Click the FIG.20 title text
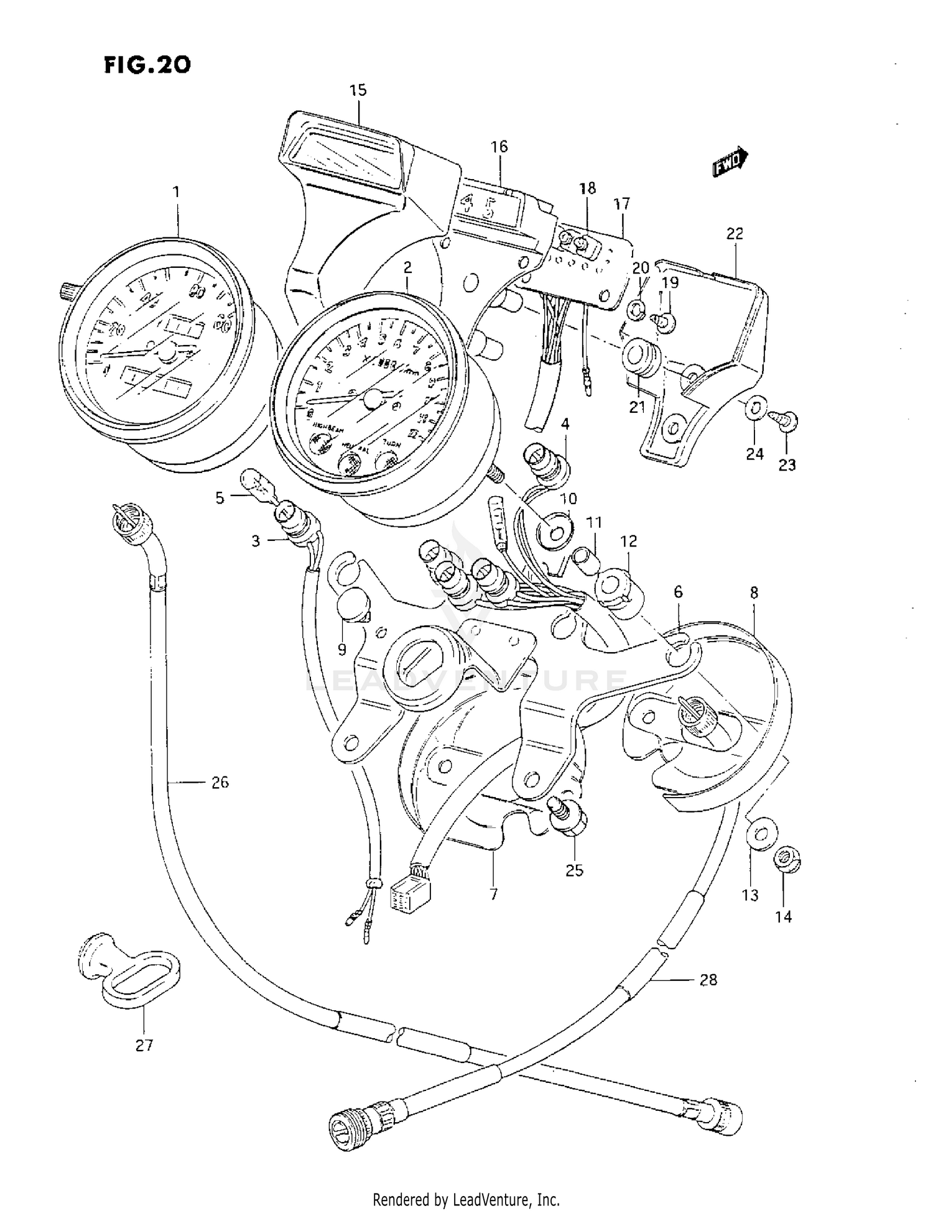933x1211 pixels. click(x=147, y=65)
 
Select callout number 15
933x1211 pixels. click(x=358, y=91)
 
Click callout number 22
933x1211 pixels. click(x=735, y=234)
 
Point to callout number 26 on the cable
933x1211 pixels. click(x=220, y=782)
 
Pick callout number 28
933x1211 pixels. click(x=708, y=980)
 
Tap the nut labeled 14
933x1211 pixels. click(x=787, y=862)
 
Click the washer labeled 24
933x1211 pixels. click(x=754, y=409)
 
